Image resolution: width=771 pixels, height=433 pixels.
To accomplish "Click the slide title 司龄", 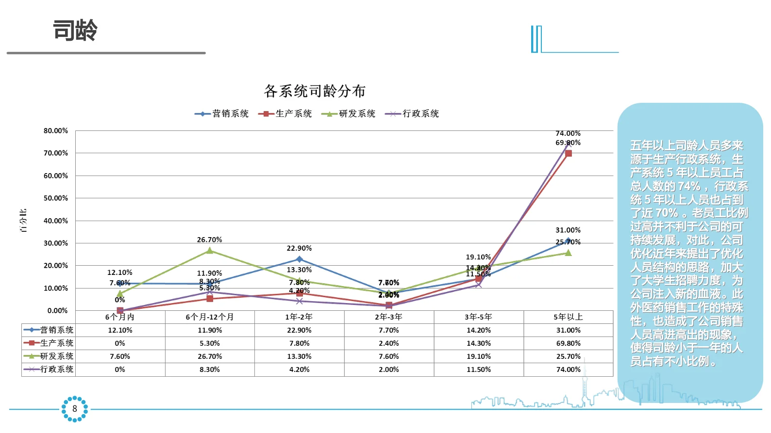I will coord(75,30).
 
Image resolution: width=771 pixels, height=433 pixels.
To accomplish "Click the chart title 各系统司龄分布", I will coord(315,91).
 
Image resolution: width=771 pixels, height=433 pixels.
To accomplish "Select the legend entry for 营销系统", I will coord(222,113).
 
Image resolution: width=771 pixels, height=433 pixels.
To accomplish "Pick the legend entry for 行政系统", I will coord(412,113).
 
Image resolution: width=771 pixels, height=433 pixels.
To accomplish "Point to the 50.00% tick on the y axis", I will coord(56,198).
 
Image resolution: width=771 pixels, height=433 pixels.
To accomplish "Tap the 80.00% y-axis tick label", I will coord(56,130).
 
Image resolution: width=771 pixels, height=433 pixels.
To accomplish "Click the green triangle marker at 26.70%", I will coord(210,251).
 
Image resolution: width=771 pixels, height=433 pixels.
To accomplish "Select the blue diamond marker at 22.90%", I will coord(300,259).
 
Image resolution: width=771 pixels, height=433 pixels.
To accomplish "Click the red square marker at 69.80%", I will coord(569,153).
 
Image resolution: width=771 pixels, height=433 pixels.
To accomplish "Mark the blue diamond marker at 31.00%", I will coord(569,241).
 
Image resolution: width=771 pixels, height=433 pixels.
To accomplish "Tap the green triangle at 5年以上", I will coord(569,253).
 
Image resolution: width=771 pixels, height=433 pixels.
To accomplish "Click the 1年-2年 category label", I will coord(299,317).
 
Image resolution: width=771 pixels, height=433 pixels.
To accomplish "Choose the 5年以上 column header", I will coord(568,317).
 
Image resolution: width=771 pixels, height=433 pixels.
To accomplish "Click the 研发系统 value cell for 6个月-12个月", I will coord(210,356).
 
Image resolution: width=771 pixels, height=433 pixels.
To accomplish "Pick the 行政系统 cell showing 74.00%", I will coord(568,369).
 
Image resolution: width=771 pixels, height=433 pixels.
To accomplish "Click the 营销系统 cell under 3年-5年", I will coord(478,330).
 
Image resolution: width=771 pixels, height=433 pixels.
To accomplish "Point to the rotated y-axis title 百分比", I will coord(23,221).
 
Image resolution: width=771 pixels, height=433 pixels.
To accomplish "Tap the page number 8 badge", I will coord(75,409).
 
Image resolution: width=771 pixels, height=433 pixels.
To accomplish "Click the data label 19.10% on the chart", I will coord(478,257).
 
